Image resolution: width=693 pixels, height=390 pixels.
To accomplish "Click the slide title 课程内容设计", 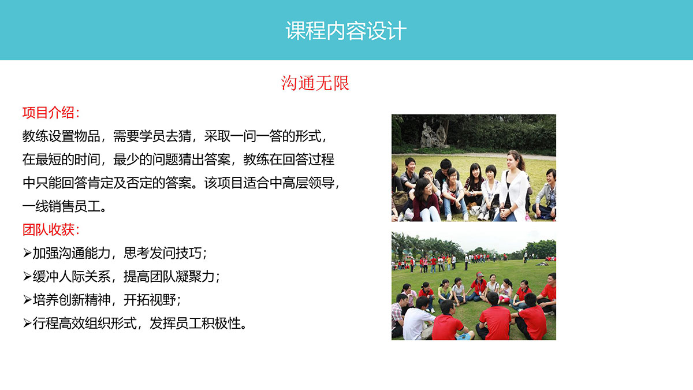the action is pos(346,31).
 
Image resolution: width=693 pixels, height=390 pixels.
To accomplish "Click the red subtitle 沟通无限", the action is pos(315,83).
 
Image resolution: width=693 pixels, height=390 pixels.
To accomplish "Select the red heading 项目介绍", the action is pos(48,113).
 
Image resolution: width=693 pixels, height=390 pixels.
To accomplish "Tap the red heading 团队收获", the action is pos(48,230).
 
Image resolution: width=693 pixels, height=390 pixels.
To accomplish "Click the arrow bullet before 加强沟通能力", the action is pos(27,253).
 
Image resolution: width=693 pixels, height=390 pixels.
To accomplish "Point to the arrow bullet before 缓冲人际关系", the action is pos(27,276).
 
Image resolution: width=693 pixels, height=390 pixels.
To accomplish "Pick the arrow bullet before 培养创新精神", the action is pos(27,300).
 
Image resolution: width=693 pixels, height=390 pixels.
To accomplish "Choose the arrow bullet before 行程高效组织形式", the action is pos(27,324).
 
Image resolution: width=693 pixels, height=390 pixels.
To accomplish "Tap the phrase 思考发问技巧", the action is pos(162,253).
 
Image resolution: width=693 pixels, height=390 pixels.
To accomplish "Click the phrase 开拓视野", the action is pos(150,300).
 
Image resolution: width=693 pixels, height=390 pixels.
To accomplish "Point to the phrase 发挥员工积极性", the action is pos(195,324).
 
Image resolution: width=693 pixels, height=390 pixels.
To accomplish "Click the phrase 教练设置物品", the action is pos(61,136).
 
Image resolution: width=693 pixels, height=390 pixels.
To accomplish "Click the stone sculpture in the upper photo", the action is pos(434,136).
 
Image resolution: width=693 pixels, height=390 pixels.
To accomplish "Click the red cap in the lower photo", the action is pos(480,274).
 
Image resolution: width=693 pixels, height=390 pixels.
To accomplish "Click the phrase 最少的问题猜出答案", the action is pos(172,159).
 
